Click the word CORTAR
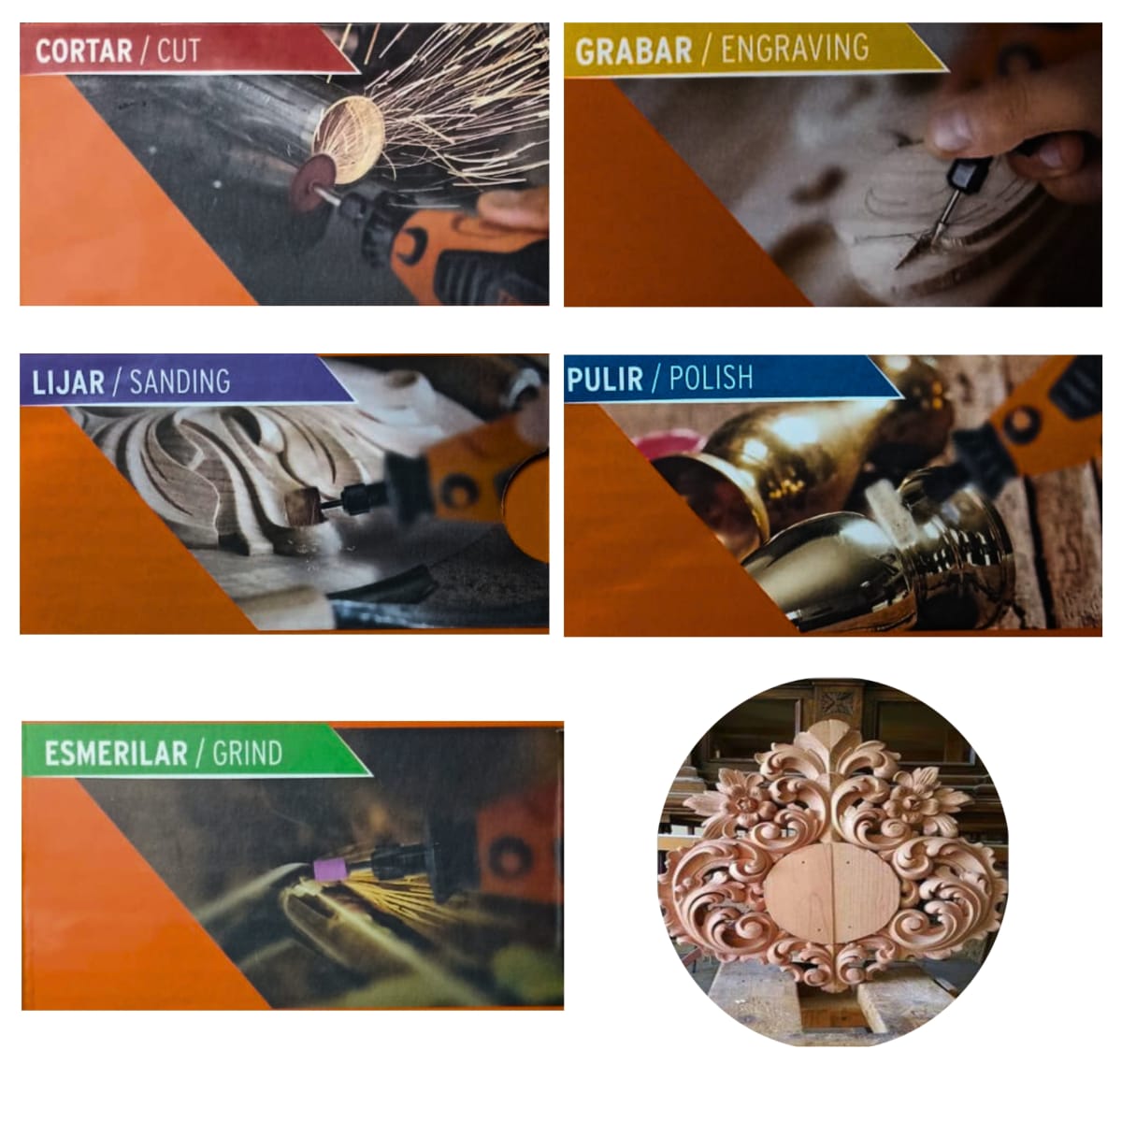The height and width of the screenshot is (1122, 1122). (83, 50)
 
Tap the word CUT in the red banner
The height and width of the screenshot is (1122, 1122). (179, 50)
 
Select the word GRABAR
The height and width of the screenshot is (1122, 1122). (633, 51)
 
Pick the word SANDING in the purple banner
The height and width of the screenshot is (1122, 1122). (180, 381)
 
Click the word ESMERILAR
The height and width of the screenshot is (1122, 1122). (115, 754)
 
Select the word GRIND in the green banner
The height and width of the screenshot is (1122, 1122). (247, 753)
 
